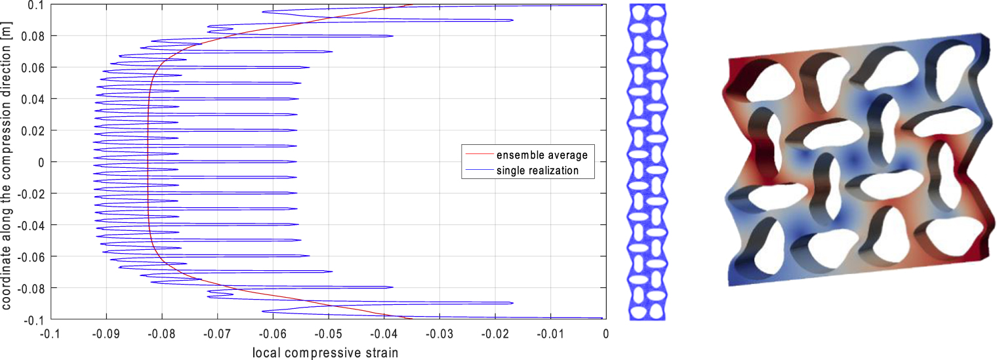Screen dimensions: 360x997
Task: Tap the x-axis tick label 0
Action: tap(605, 333)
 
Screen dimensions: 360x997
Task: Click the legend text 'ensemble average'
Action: tap(541, 155)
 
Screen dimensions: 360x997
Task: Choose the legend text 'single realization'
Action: tap(537, 170)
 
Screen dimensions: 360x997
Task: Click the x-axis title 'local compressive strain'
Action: tap(325, 353)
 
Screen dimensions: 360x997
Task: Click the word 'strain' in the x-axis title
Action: tap(380, 353)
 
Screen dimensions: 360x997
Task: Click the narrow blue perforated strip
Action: tap(647, 161)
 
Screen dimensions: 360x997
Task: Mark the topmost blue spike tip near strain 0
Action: tap(601, 5)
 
